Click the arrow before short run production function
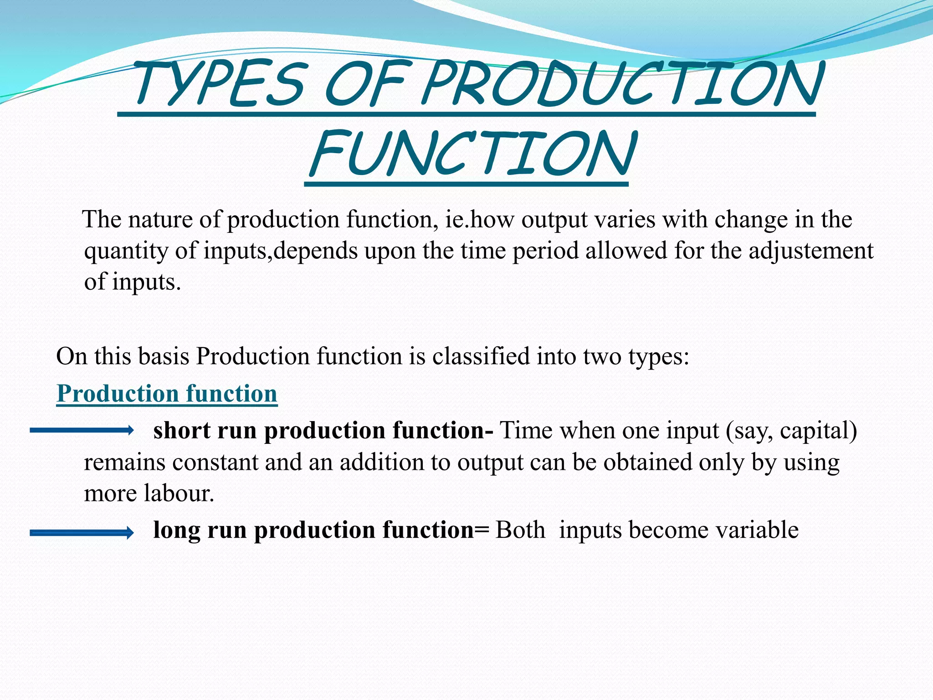tap(81, 430)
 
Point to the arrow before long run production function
tap(81, 532)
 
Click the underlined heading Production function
tap(167, 393)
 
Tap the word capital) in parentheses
tap(818, 431)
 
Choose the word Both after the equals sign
tap(520, 530)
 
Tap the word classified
tap(481, 356)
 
